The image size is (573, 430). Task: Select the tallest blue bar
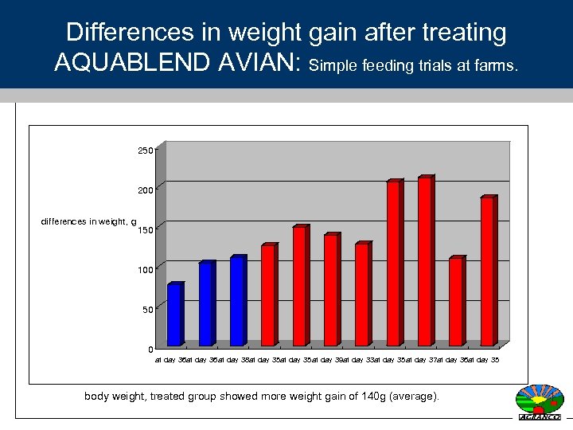pos(236,302)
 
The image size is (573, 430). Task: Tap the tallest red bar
pos(424,262)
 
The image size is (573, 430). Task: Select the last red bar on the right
pos(486,272)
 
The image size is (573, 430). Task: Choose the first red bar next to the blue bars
pos(267,295)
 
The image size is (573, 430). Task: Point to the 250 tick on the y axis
pos(145,150)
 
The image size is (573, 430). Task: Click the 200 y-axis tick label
pos(145,190)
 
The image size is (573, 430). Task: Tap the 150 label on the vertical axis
pos(145,230)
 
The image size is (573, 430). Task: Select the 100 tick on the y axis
pos(145,270)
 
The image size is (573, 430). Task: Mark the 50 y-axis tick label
pos(147,310)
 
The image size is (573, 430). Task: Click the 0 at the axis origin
pos(150,350)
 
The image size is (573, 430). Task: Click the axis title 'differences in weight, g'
pos(88,221)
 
